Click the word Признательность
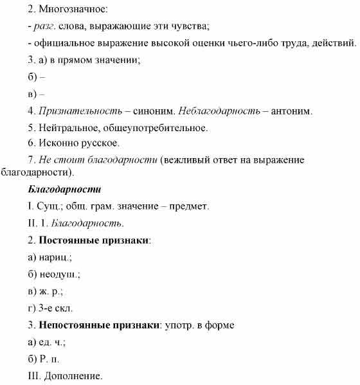pos(80,111)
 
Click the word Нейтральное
pos(69,127)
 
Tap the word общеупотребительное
pos(160,127)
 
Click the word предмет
pos(185,206)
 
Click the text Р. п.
pos(50,359)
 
